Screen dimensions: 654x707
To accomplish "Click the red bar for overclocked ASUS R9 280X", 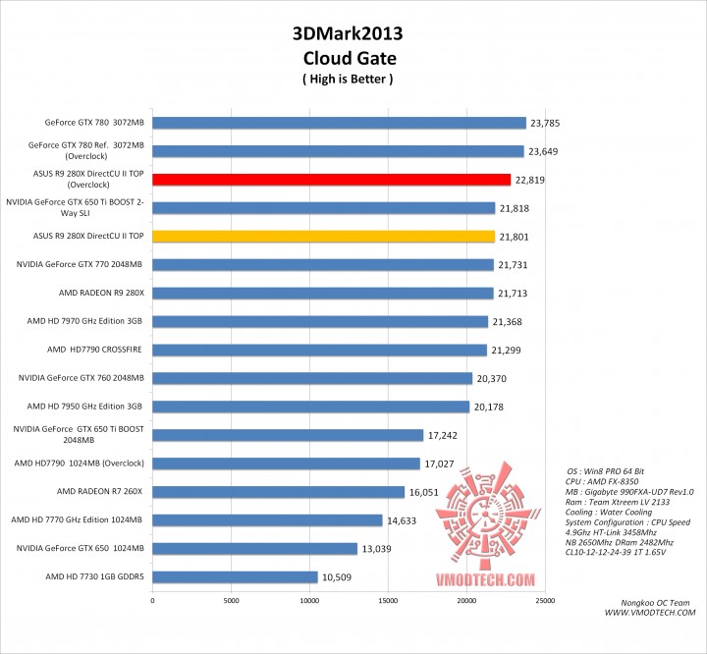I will coord(332,180).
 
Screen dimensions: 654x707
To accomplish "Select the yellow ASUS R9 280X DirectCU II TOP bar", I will coord(323,237).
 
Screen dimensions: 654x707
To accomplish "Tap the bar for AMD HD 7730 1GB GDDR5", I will coord(235,577).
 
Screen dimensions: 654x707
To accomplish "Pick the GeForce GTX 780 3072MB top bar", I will coord(339,123).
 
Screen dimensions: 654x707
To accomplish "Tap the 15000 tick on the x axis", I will coord(388,599).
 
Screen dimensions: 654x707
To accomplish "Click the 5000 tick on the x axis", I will coord(231,599).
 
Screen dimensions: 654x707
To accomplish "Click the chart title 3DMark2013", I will coord(348,33).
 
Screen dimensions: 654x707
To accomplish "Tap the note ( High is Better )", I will coord(348,79).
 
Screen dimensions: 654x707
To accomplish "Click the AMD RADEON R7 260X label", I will coord(100,492).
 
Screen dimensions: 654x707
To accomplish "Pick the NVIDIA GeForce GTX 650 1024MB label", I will coord(82,549).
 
